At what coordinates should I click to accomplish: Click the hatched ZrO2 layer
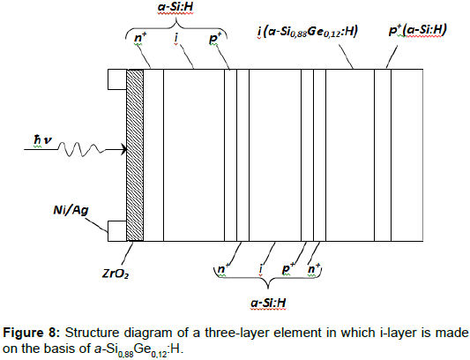click(135, 155)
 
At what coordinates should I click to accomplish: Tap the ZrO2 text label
click(116, 274)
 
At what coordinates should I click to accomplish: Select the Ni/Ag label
click(71, 210)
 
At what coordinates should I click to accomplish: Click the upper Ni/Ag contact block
click(117, 79)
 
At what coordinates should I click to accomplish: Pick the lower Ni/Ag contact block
click(117, 231)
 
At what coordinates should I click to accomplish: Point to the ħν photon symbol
click(42, 139)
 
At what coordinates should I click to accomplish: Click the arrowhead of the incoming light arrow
click(123, 149)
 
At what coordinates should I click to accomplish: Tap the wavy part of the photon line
click(81, 149)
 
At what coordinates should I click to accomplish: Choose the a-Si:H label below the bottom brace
click(268, 303)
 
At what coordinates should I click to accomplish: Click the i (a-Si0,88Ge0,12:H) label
click(308, 31)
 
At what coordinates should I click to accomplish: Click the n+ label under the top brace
click(140, 38)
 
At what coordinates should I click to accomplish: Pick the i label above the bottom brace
click(261, 269)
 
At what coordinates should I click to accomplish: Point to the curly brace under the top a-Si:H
click(176, 26)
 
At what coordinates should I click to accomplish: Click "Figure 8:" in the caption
click(32, 333)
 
